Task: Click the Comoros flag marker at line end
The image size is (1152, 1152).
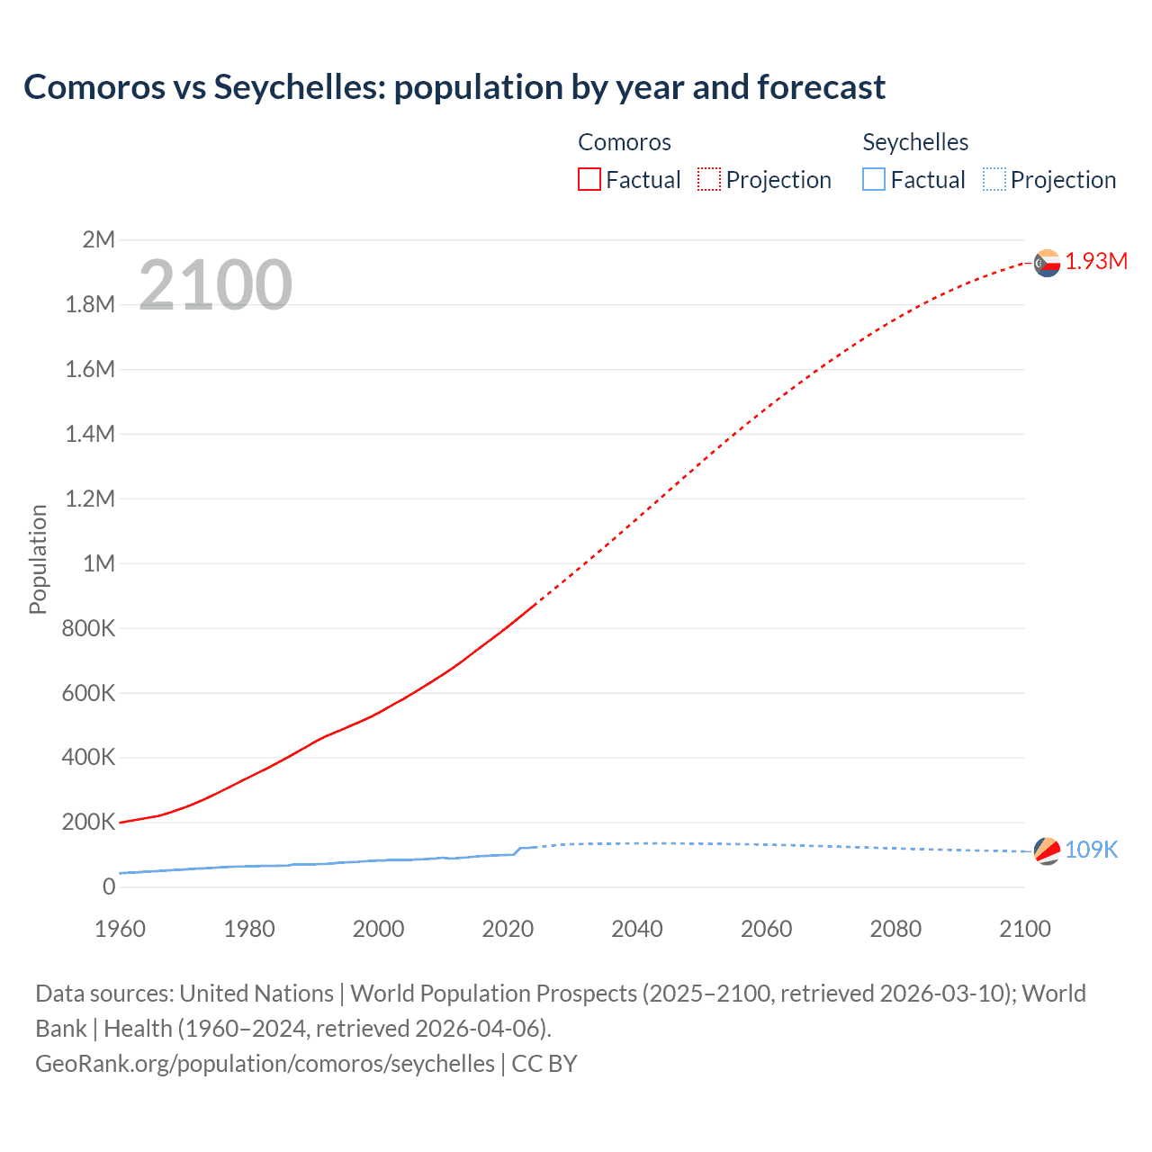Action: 1047,263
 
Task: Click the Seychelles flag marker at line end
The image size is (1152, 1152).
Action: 1047,850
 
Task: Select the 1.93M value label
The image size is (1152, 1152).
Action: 1096,261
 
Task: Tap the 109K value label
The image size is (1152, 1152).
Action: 1091,850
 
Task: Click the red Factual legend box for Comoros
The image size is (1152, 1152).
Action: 589,179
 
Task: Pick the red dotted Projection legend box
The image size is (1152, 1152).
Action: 709,179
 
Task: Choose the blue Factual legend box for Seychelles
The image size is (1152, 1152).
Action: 874,179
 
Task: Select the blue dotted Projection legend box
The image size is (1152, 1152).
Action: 994,179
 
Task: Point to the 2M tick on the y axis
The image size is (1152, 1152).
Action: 98,239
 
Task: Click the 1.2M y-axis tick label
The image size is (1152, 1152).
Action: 90,499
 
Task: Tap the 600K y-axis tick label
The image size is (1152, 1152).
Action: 88,693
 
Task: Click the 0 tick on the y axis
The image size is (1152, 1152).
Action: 109,887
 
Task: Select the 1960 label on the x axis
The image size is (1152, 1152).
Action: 120,930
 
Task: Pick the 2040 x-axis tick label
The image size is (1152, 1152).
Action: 637,930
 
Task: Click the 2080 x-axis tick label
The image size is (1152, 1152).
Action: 895,930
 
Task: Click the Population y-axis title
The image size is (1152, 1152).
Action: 38,559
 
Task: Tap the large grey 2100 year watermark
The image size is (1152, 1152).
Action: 215,285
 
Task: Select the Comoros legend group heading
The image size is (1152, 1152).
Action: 625,142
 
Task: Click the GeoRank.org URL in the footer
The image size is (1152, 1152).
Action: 265,1064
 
